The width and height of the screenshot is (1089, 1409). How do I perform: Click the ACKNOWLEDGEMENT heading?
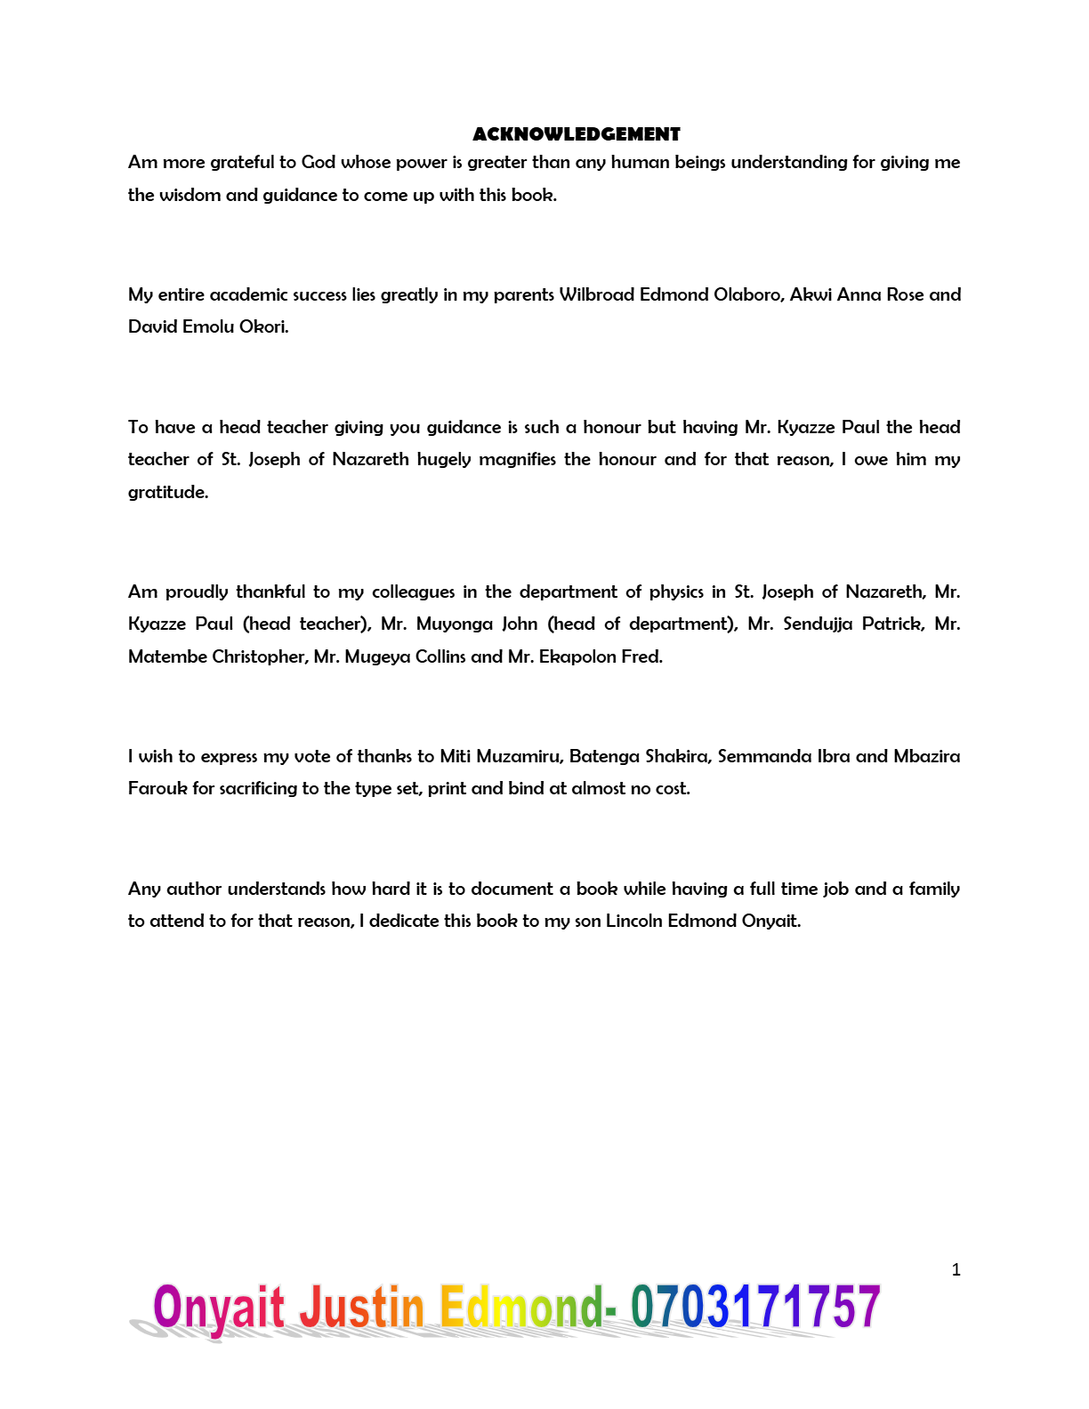pos(577,134)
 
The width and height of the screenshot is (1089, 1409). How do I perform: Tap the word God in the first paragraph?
pos(318,162)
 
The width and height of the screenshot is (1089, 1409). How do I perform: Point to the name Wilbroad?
pos(596,294)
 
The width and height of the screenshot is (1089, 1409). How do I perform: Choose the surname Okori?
pos(263,326)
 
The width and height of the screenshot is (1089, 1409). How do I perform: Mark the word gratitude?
pos(167,493)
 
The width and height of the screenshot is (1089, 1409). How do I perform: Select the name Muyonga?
pos(454,624)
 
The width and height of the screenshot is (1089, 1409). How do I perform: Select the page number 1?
pos(956,1269)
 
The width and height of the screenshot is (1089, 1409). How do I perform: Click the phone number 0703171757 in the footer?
pos(755,1308)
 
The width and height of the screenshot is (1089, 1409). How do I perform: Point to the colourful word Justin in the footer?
pos(361,1308)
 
